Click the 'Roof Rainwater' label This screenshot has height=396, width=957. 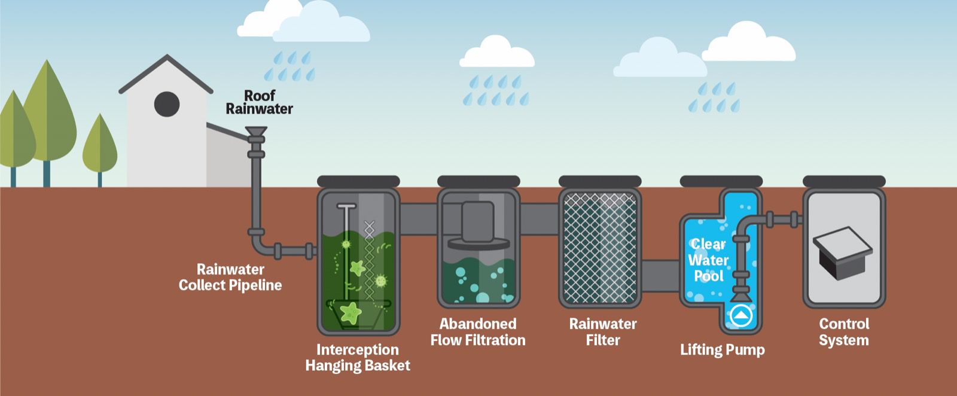259,102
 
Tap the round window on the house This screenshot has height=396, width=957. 167,104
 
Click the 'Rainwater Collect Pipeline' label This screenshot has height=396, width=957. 230,278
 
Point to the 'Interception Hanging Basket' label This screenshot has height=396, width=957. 358,358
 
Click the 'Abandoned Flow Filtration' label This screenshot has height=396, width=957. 477,332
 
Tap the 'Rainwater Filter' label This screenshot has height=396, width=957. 602,332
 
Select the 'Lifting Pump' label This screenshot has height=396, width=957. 722,350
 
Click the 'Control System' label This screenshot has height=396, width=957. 843,332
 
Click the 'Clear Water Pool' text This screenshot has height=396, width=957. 708,260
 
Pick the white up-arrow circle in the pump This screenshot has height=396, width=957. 740,315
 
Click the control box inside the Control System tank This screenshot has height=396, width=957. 842,251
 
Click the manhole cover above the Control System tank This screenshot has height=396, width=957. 844,181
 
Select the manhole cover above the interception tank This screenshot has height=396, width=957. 358,181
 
